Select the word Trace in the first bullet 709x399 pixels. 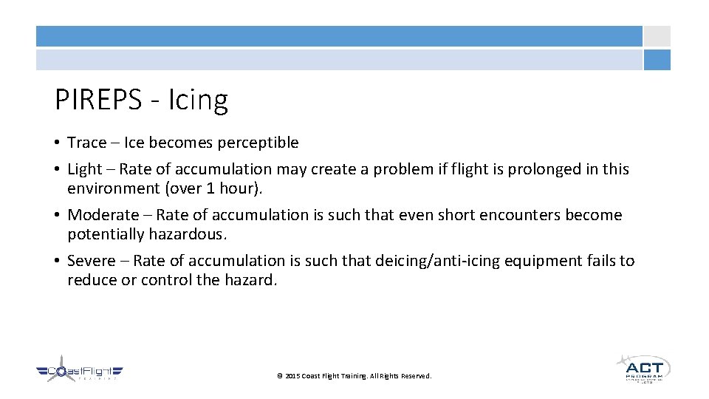[86, 142]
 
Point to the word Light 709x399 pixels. [84, 169]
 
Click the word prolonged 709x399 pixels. [542, 169]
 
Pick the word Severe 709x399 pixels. [92, 261]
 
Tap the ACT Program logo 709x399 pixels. [643, 367]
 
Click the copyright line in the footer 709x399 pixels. [354, 376]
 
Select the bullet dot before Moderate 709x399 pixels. [58, 215]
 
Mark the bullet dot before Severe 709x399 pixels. [58, 261]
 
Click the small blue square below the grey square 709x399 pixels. [657, 60]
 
